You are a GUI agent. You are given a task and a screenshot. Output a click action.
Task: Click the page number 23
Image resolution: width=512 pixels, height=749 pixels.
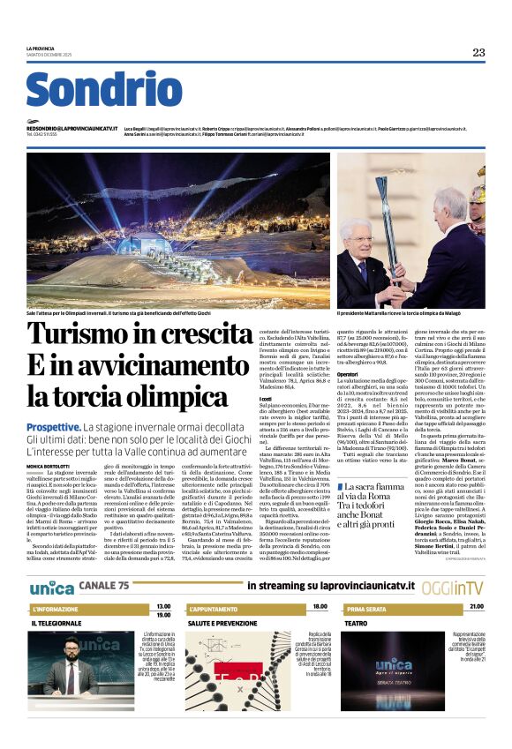pyautogui.click(x=478, y=52)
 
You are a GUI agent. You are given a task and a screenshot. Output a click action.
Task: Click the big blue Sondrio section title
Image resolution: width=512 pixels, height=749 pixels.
pyautogui.click(x=104, y=92)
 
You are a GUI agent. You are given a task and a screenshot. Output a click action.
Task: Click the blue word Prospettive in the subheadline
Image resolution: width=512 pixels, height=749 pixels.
pyautogui.click(x=55, y=426)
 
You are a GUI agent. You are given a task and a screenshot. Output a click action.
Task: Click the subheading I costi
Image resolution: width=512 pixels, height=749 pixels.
pyautogui.click(x=264, y=399)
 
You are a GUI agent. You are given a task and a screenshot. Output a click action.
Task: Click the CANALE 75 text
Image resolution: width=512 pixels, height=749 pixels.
pyautogui.click(x=104, y=585)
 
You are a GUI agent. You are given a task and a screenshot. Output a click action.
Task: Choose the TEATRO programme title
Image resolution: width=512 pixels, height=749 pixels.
pyautogui.click(x=356, y=623)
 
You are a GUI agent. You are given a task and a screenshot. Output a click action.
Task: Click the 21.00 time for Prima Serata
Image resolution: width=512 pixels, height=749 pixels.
pyautogui.click(x=477, y=606)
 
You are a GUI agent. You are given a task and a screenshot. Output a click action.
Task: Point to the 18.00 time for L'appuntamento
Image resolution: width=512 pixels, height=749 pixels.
pyautogui.click(x=320, y=606)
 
